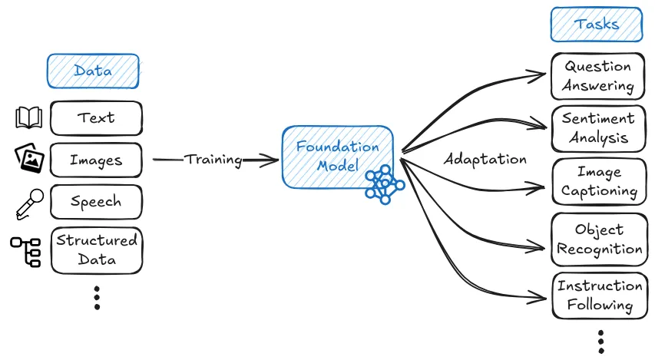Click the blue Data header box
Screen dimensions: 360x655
(93, 71)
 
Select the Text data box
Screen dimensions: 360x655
(96, 118)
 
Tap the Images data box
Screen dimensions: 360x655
(96, 160)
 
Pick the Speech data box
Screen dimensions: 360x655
(96, 203)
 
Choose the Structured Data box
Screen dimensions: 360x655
(97, 249)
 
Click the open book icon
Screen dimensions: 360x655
(29, 118)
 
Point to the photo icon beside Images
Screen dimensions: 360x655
(30, 159)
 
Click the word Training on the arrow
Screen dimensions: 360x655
(213, 160)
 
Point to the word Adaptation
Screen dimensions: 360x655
(485, 160)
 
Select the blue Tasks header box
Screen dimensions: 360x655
(596, 24)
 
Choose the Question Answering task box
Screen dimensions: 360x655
(597, 76)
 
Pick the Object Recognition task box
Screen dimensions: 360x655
(598, 239)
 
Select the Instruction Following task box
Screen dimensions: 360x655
(599, 295)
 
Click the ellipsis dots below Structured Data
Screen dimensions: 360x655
(97, 297)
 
